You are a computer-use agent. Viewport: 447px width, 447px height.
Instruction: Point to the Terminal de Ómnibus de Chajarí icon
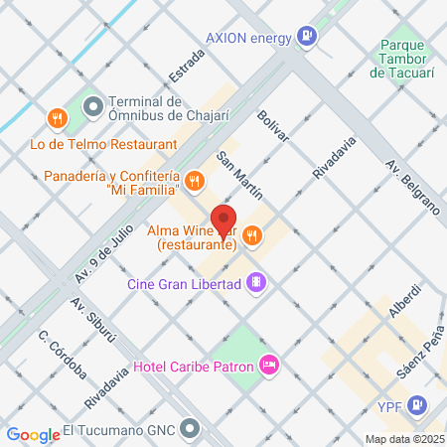tap(93, 104)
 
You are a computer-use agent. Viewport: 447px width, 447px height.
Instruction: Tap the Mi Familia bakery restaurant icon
tap(194, 181)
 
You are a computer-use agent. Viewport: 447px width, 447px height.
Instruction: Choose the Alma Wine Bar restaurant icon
tap(252, 235)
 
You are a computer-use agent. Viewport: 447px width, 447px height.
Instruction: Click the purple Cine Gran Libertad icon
tap(257, 284)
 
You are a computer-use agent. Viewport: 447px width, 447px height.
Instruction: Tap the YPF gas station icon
tap(417, 405)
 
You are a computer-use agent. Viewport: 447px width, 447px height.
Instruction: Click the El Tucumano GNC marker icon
tap(189, 431)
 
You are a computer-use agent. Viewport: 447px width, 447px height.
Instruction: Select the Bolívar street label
tap(274, 126)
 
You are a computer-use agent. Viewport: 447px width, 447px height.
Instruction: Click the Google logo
tap(34, 434)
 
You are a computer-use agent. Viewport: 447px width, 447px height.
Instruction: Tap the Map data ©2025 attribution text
tap(404, 439)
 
